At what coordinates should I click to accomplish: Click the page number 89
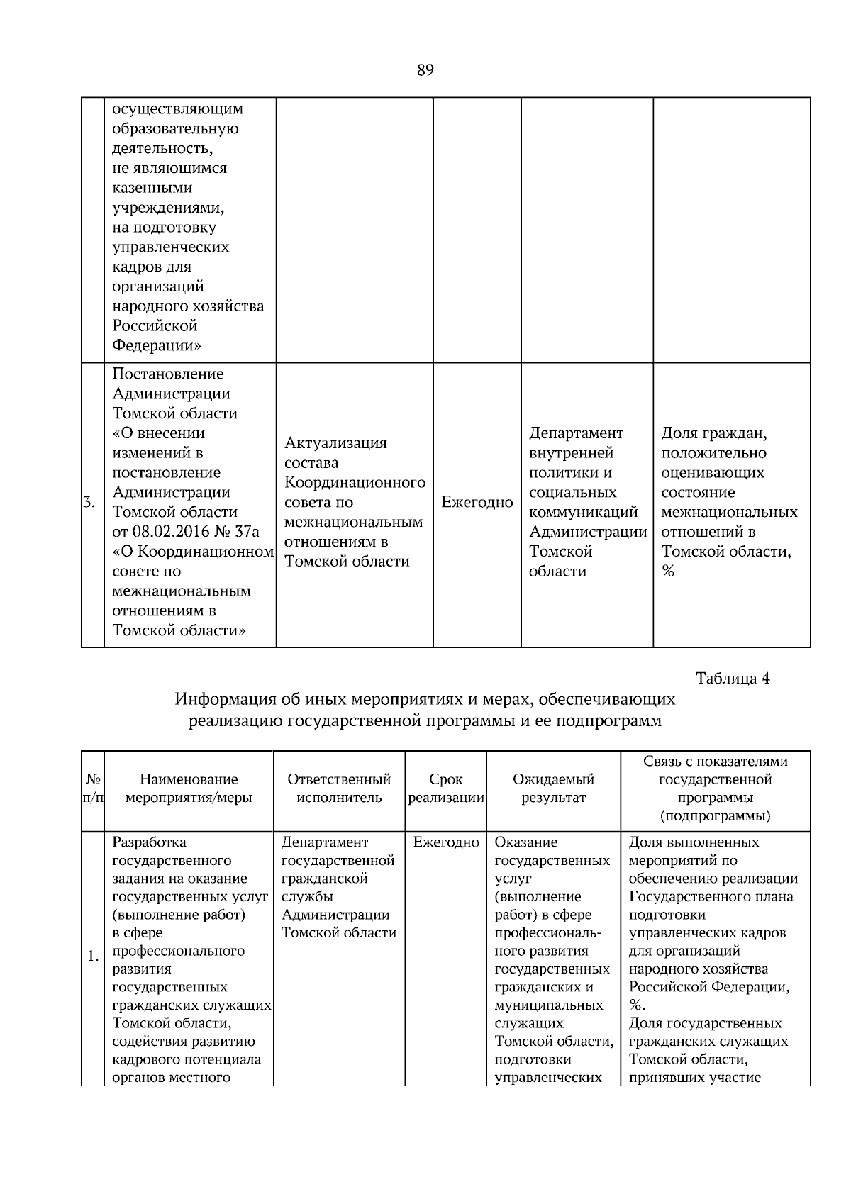coord(425,70)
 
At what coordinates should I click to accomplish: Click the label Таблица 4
coord(733,679)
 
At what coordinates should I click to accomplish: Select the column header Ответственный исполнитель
coord(339,788)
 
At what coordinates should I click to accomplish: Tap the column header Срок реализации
coord(446,788)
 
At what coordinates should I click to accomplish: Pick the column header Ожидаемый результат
coord(553,788)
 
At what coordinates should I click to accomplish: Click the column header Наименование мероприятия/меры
coord(189,788)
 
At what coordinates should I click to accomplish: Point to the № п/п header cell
coord(93,788)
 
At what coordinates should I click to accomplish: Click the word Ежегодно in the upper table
coord(477,503)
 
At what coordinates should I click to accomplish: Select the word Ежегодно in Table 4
coord(446,842)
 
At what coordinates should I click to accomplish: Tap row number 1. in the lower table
coord(93,958)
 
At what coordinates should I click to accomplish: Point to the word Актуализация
coord(335,443)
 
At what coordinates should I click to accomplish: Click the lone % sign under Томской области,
coord(668,572)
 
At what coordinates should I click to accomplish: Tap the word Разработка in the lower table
coord(150,842)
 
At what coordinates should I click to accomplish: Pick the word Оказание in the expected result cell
coord(526,842)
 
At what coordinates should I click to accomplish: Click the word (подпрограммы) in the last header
coord(715,816)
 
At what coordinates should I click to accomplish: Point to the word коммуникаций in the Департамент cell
coord(584,512)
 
